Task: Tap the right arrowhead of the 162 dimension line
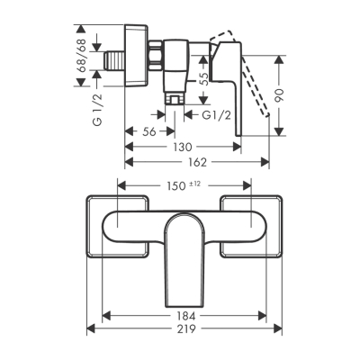(266, 162)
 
